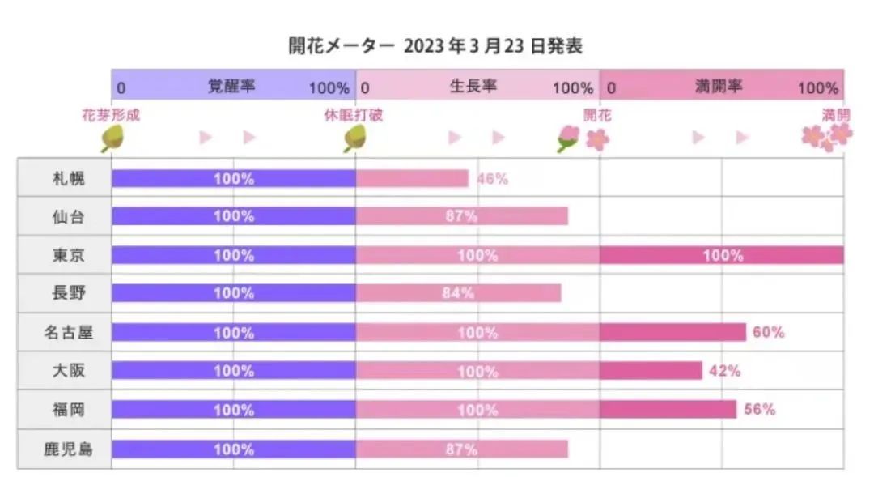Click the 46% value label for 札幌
click(492, 178)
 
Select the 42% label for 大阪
click(724, 371)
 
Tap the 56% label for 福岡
click(759, 410)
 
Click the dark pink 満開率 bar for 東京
click(722, 255)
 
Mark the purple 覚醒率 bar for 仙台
click(233, 216)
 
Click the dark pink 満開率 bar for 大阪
click(651, 371)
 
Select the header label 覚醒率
click(231, 86)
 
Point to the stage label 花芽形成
click(111, 115)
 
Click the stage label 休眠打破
click(354, 115)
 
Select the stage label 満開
click(836, 115)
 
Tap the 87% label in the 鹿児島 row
click(461, 449)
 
